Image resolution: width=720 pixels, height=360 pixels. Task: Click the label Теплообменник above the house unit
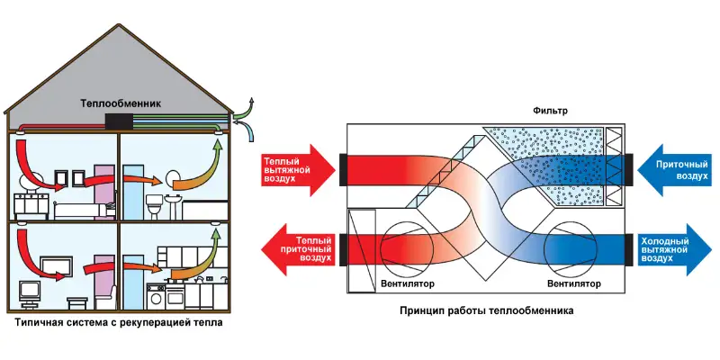coord(121,103)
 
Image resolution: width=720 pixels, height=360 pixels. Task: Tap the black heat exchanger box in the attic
coord(119,122)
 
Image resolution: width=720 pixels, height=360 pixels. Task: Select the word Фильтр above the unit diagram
coord(551,111)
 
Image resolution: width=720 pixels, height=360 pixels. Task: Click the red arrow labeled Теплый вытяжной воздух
coord(299,170)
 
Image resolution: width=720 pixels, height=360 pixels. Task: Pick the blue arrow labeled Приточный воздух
coord(676,170)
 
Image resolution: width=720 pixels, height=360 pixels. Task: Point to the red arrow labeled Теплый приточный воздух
coord(299,250)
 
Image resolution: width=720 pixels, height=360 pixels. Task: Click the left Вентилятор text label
coord(408,283)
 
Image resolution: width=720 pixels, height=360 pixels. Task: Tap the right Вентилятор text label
coord(573,283)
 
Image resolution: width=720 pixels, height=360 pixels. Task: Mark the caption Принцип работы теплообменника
coord(486,310)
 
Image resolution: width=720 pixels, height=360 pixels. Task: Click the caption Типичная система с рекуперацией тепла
coord(119,323)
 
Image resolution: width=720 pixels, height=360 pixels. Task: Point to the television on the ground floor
coord(30,293)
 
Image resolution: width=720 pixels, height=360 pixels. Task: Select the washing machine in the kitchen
coord(156,296)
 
